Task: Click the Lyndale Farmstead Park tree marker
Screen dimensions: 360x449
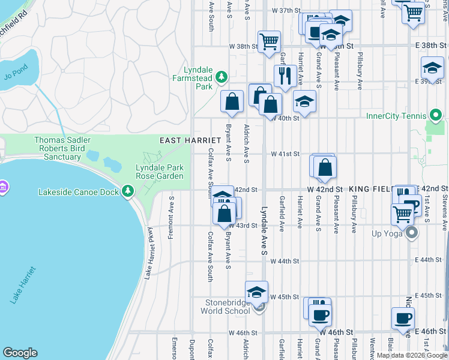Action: tap(221, 76)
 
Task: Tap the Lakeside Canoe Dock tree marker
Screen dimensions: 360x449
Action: tap(127, 191)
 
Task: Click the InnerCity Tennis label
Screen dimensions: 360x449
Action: tap(396, 115)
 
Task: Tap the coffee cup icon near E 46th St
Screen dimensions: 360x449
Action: tap(402, 318)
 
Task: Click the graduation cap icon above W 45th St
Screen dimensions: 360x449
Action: tap(256, 292)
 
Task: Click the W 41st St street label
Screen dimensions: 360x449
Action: tap(285, 154)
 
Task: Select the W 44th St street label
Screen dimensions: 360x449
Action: tap(285, 261)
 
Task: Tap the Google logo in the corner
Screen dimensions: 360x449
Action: tap(20, 353)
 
